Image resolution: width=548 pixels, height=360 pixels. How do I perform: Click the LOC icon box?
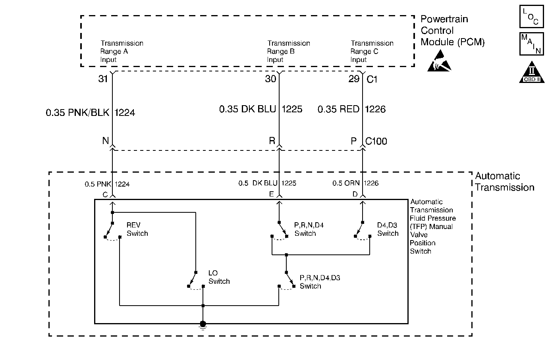531,16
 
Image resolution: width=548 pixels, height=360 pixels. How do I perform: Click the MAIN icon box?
531,44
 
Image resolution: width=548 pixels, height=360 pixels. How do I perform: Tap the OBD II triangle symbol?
532,73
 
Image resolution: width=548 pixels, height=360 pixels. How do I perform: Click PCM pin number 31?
103,79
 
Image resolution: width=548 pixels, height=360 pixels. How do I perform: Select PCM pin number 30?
270,79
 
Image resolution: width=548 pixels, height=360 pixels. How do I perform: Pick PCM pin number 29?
354,79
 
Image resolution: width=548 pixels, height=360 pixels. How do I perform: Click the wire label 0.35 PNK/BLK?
77,113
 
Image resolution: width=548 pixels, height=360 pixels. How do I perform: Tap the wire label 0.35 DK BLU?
247,109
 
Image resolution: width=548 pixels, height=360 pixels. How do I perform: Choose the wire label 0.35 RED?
338,109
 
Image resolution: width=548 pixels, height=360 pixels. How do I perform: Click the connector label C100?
376,141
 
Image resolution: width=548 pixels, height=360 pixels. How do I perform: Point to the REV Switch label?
137,229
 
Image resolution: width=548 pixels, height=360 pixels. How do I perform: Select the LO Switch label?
219,277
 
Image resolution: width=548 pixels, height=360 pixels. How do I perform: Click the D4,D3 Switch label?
388,229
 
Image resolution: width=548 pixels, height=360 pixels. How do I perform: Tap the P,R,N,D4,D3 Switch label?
320,282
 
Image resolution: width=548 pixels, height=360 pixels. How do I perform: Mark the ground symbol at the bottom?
203,325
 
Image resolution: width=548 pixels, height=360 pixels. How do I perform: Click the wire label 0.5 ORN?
346,183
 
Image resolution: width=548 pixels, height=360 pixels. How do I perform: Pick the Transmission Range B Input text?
288,51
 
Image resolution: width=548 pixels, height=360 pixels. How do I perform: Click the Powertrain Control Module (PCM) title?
452,31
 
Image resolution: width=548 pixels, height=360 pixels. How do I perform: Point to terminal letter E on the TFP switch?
272,194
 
